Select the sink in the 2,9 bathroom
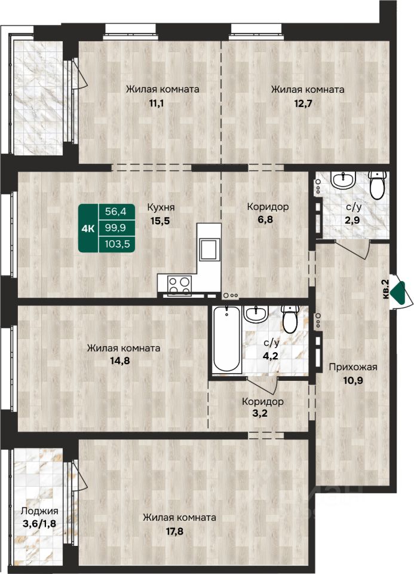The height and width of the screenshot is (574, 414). point(343,179)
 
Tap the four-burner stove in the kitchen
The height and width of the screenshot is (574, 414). point(179,286)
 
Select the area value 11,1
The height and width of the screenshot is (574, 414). point(156,103)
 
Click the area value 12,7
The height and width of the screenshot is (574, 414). point(303,103)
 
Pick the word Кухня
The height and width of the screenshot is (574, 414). point(161,207)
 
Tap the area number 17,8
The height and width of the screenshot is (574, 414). point(174,531)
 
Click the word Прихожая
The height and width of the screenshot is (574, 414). point(353,367)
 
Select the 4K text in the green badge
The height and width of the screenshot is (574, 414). point(88,229)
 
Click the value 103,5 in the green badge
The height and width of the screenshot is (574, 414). point(118,243)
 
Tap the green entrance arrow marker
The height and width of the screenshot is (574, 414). point(398,293)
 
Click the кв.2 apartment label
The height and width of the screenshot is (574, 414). point(385,289)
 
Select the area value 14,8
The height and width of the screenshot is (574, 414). point(120,361)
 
